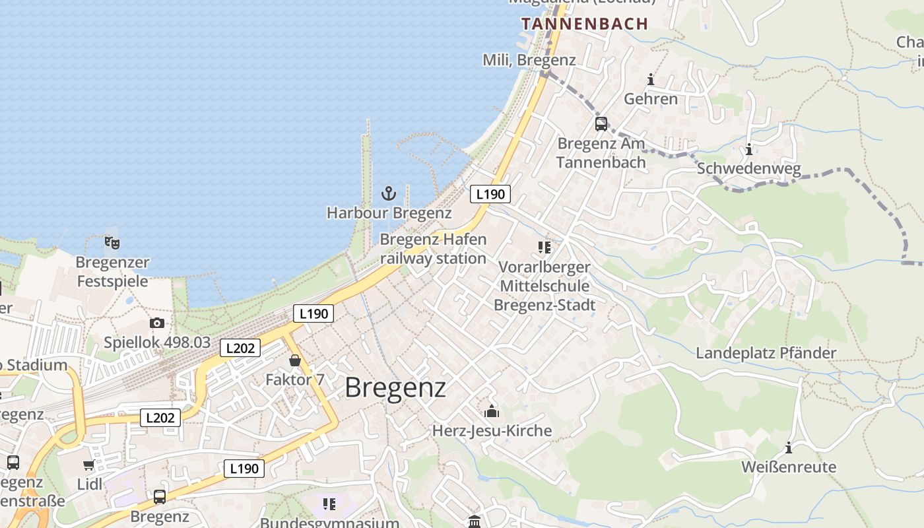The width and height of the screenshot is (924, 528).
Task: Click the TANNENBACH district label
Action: [585, 24]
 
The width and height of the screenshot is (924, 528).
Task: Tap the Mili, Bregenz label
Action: [529, 60]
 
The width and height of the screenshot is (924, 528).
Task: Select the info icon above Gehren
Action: [651, 80]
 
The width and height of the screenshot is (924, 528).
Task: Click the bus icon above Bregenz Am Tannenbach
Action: [601, 124]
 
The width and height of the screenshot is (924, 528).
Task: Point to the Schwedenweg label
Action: [749, 169]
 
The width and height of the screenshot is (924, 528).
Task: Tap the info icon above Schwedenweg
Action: [749, 149]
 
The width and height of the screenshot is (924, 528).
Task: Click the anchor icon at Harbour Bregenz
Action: [389, 193]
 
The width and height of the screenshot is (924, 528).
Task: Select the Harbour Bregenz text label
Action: [389, 213]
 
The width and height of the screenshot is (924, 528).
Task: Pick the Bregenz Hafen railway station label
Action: [433, 249]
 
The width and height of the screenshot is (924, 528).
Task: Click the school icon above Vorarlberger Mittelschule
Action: [544, 247]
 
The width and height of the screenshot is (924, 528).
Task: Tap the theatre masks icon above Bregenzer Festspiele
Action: [112, 243]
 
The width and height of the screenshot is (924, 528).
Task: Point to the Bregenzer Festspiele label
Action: [113, 272]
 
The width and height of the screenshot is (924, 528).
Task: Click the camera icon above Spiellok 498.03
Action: [156, 323]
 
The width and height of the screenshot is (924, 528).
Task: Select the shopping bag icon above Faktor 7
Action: [295, 360]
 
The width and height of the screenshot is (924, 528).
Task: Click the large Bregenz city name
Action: [395, 387]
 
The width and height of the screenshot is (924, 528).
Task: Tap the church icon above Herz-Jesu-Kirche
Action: [492, 412]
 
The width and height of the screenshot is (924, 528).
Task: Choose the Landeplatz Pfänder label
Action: [766, 353]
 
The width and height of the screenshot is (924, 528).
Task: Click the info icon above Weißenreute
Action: [789, 448]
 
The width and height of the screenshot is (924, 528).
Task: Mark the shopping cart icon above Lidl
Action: [89, 465]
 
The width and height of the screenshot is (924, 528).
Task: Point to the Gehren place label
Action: [651, 99]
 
